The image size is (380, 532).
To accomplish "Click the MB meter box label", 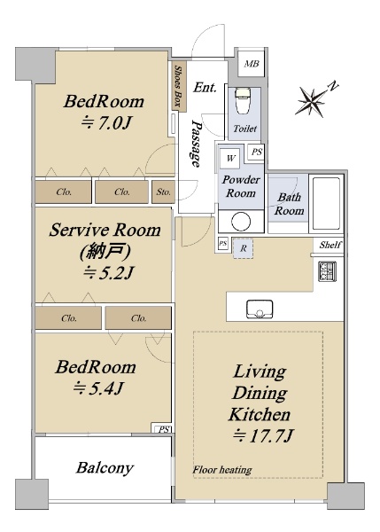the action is pyautogui.click(x=252, y=64).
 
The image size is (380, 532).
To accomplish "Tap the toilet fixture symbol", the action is pyautogui.click(x=242, y=101).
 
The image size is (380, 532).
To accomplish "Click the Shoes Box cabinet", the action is pyautogui.click(x=178, y=86).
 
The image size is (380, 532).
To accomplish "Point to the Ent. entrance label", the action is pyautogui.click(x=205, y=88).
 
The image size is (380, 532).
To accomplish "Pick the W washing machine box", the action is pyautogui.click(x=230, y=158).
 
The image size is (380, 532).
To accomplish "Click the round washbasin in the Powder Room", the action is pyautogui.click(x=241, y=221).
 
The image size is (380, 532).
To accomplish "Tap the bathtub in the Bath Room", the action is pyautogui.click(x=326, y=204).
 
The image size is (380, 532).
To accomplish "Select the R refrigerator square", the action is pyautogui.click(x=243, y=248).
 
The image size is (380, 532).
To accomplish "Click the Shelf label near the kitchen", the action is pyautogui.click(x=330, y=245).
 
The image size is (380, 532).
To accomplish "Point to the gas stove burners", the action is pyautogui.click(x=327, y=271).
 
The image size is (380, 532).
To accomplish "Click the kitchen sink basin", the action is pyautogui.click(x=260, y=309).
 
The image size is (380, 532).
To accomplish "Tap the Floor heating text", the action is pyautogui.click(x=222, y=470).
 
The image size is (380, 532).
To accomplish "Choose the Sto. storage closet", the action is pyautogui.click(x=163, y=192).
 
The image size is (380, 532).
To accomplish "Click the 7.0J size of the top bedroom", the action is pyautogui.click(x=105, y=123).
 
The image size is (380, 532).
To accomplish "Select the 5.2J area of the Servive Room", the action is pyautogui.click(x=108, y=272).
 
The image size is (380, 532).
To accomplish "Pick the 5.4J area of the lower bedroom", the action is pyautogui.click(x=97, y=387).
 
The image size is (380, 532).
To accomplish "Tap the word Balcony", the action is pyautogui.click(x=105, y=468).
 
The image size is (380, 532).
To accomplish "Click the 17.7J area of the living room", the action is pyautogui.click(x=263, y=435).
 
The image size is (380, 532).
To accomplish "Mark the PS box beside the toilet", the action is pyautogui.click(x=256, y=152).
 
